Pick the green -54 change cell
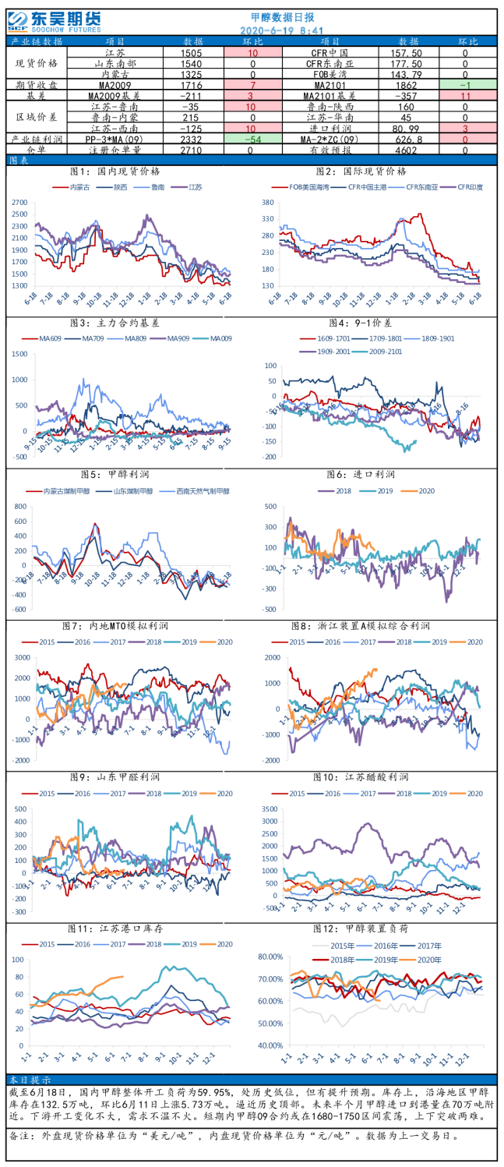252,138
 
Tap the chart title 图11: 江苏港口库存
127,928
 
